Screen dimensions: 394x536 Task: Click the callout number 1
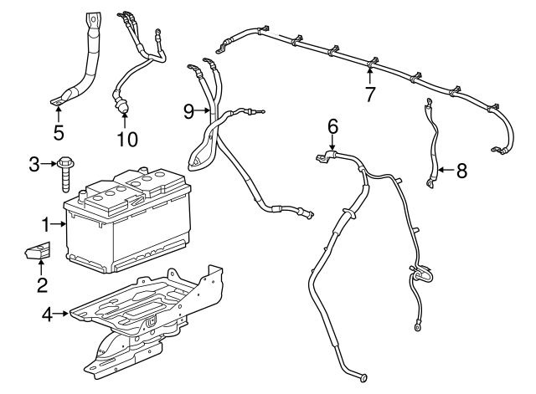tap(46, 223)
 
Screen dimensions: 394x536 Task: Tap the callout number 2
tap(42, 286)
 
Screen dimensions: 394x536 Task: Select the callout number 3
tap(34, 163)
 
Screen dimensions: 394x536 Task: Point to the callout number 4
tap(47, 315)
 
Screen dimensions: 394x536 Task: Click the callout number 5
tap(58, 131)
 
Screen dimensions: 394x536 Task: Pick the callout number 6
tap(332, 126)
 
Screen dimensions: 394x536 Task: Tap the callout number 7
tap(369, 93)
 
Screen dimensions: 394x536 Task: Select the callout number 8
tap(461, 171)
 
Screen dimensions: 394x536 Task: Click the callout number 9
tap(188, 110)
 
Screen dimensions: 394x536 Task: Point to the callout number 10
tap(127, 138)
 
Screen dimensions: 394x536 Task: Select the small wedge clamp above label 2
tap(38, 251)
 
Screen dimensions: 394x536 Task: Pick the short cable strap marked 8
tap(434, 146)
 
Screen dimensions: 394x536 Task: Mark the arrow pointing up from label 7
tap(369, 74)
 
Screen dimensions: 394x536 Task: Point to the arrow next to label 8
tap(445, 171)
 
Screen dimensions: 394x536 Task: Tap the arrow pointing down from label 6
tap(332, 144)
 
